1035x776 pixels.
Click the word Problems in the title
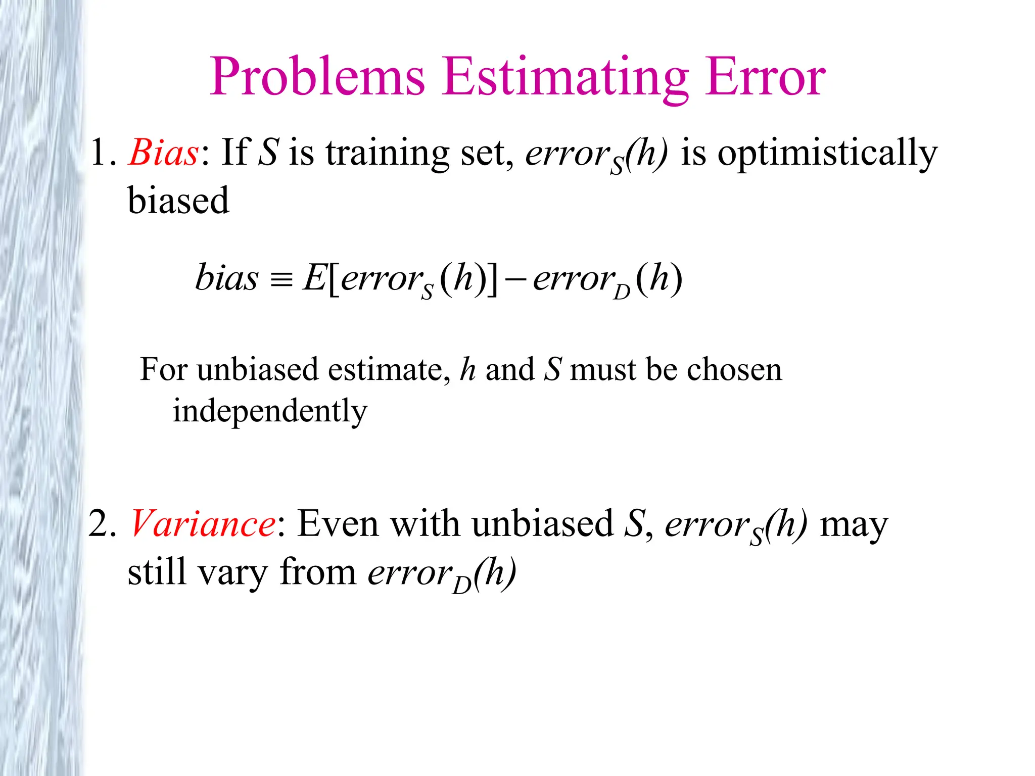pyautogui.click(x=317, y=77)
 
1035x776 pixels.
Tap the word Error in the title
pyautogui.click(x=766, y=77)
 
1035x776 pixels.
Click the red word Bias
pyautogui.click(x=163, y=152)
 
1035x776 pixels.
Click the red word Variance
pyautogui.click(x=203, y=523)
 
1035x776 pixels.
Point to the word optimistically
pyautogui.click(x=827, y=153)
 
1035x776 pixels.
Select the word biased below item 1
pyautogui.click(x=178, y=201)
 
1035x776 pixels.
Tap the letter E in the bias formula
pyautogui.click(x=313, y=278)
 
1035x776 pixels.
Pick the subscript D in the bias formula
pyautogui.click(x=622, y=292)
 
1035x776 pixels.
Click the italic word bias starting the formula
pyautogui.click(x=226, y=278)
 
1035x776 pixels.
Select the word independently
pyautogui.click(x=270, y=411)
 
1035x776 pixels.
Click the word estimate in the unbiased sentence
pyautogui.click(x=385, y=369)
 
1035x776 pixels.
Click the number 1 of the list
pyautogui.click(x=98, y=152)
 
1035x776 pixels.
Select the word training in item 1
pyautogui.click(x=387, y=153)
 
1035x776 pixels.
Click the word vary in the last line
pyautogui.click(x=232, y=572)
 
